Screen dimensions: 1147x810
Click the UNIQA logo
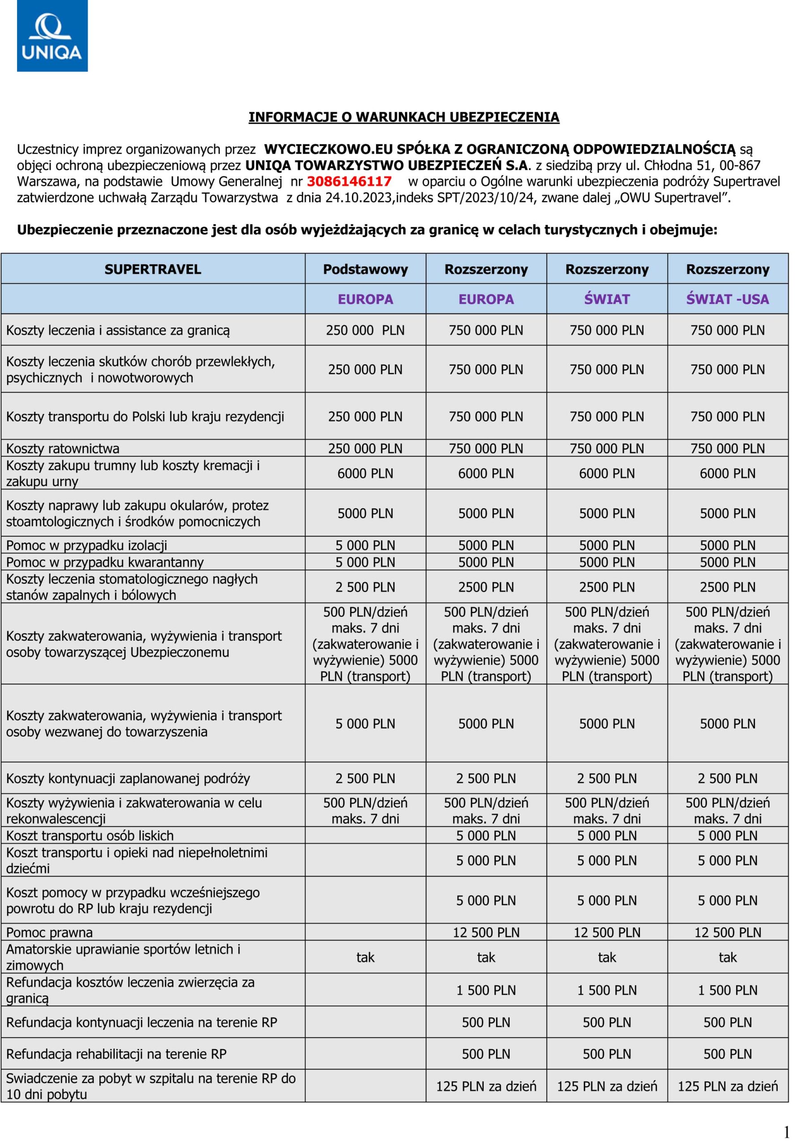coord(52,36)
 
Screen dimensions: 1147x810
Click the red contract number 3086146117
coord(349,181)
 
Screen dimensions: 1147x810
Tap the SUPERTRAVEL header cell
coord(153,269)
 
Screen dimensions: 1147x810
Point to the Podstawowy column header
coord(365,269)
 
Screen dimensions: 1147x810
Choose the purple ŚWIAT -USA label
coord(727,299)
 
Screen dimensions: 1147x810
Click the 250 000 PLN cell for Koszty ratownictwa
coord(365,448)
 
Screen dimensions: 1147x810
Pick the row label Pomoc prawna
coord(49,933)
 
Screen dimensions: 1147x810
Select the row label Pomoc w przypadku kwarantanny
coord(105,562)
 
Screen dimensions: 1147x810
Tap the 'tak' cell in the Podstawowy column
coord(365,957)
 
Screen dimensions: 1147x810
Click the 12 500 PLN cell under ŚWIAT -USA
coord(727,933)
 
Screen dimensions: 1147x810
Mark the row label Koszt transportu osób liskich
coord(90,836)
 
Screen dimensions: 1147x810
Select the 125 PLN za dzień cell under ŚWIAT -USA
coord(727,1086)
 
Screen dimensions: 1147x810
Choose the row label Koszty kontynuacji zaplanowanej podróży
coord(128,778)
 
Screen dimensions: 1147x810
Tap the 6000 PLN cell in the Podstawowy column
coord(365,474)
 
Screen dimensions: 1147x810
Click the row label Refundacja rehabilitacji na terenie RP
coord(116,1054)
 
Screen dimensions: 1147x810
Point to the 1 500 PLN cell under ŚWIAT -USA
coord(727,990)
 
